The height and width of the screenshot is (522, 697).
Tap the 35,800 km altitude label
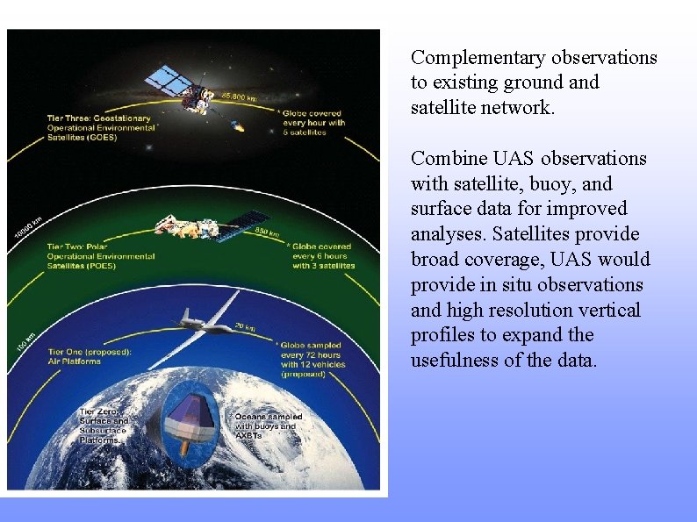coord(239,95)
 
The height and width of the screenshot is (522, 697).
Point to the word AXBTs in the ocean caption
coord(249,436)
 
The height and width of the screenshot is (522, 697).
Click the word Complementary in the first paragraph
coord(478,58)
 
